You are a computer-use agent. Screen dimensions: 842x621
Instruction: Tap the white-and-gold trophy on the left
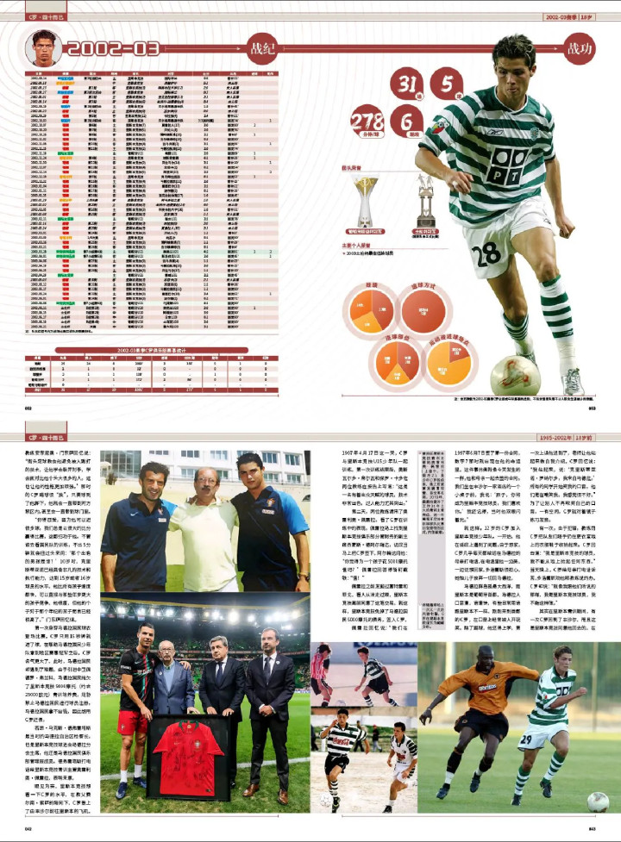click(364, 203)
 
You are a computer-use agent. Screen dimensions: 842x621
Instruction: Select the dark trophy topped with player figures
click(424, 203)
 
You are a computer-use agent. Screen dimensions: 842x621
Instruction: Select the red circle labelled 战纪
click(262, 48)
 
